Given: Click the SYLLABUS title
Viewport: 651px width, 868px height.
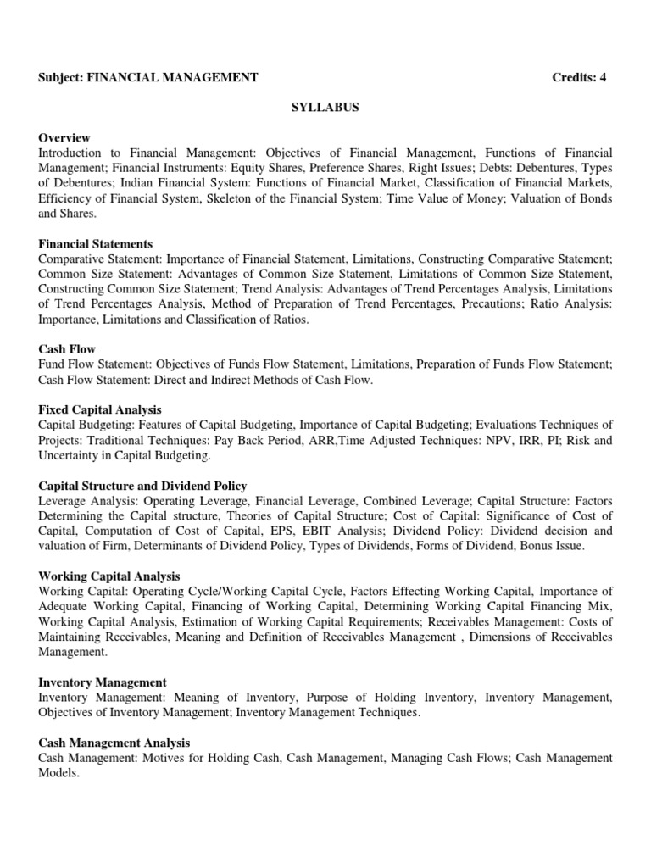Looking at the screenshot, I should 325,108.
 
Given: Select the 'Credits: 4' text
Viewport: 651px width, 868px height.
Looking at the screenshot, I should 579,78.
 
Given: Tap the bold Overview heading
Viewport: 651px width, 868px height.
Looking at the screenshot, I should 64,137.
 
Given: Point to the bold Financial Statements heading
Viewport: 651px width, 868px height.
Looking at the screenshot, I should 96,244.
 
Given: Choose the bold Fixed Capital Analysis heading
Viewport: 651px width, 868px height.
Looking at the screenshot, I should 100,409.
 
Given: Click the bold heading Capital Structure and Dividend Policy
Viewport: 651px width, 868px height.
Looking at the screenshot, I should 142,486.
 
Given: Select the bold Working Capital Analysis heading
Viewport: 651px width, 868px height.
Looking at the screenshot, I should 109,576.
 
